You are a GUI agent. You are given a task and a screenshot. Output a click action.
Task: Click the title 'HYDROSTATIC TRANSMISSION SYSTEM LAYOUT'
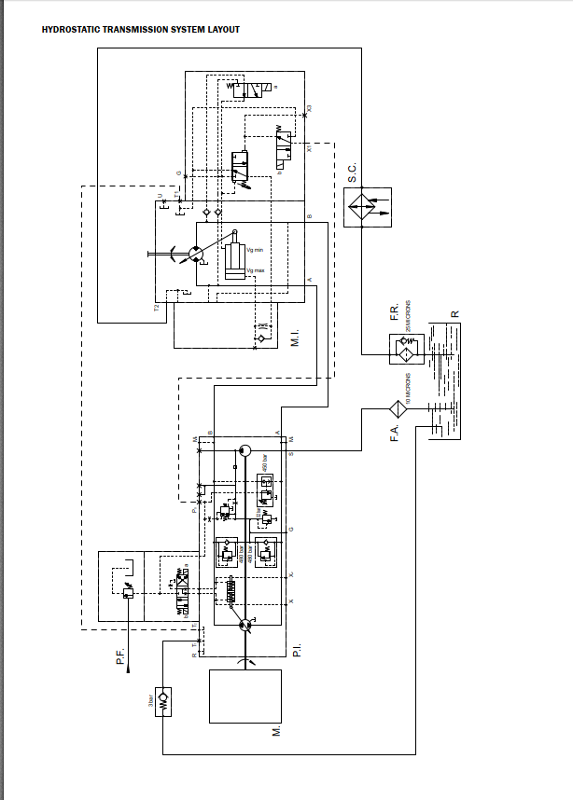pos(141,30)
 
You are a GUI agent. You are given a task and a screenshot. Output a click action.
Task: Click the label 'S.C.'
pos(352,173)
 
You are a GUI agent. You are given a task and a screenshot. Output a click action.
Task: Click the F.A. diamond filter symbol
pos(398,408)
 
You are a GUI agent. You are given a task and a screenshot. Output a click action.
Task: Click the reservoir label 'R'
pos(454,313)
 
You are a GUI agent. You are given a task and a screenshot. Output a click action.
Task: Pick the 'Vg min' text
pos(255,250)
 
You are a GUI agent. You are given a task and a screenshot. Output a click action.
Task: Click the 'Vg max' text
pos(255,270)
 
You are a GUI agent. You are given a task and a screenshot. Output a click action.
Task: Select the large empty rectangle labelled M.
pos(245,696)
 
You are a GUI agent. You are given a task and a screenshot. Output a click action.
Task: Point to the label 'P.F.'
pos(120,655)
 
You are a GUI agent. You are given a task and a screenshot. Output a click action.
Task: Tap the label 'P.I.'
pos(296,650)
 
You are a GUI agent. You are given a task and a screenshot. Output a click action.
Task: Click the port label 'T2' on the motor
pos(157,304)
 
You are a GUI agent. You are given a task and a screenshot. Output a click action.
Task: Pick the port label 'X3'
pos(309,108)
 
